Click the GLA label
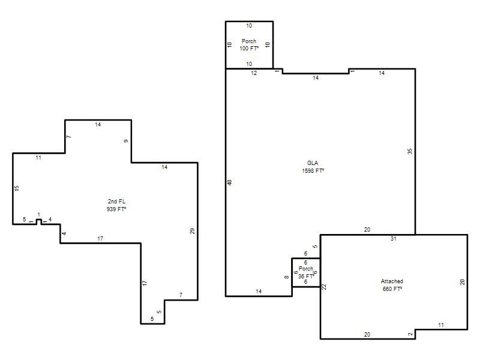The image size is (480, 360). coord(313,163)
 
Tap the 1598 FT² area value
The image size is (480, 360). coord(313,171)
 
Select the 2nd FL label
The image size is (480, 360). coord(116,202)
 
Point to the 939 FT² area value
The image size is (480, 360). coord(116,209)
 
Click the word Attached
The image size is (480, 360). coord(392,281)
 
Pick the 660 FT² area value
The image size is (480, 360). coord(392,289)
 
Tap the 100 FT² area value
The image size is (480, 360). coord(249,49)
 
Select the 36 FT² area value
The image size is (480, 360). coord(306,276)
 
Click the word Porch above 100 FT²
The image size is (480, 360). coord(249,41)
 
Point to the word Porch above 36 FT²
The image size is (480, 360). coord(306,268)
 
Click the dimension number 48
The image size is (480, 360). coord(230,182)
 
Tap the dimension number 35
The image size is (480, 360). coord(410,151)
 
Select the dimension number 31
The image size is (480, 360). coord(394,239)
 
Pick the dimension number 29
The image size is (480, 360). coord(192,231)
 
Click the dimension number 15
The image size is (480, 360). coord(17,188)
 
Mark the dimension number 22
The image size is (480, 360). coord(324,287)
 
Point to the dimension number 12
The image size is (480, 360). coord(254,73)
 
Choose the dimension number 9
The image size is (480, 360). coord(126,141)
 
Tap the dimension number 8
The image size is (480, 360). coord(287,277)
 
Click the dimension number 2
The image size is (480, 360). coord(410,334)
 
